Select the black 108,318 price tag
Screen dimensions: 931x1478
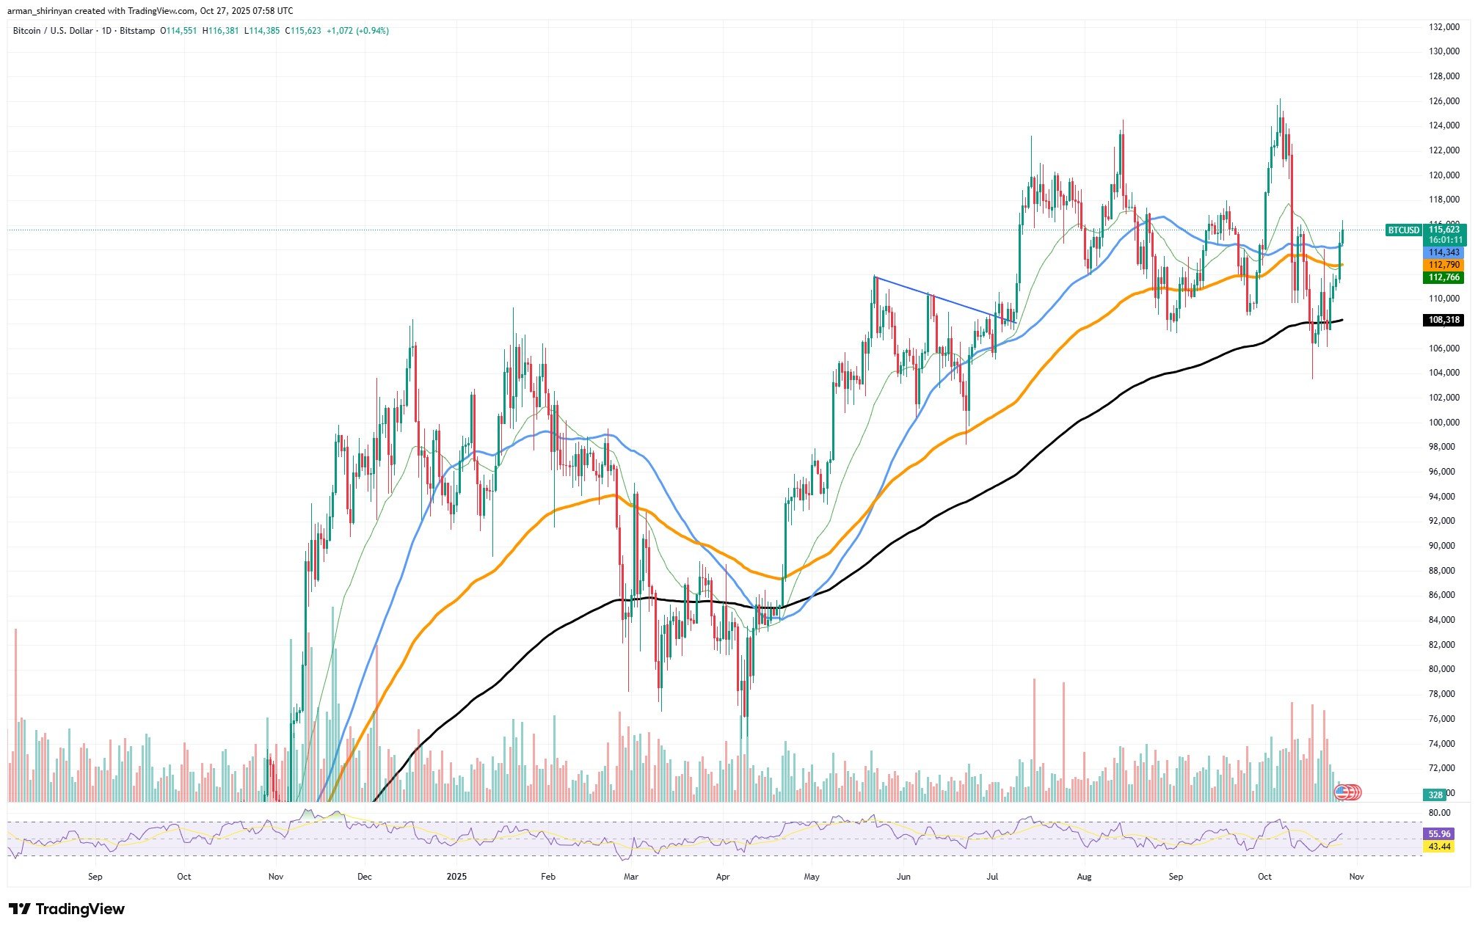point(1444,320)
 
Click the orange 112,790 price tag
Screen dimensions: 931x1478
point(1444,265)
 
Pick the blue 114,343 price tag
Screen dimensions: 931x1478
point(1444,252)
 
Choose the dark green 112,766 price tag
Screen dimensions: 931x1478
point(1444,277)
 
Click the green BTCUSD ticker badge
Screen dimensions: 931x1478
point(1403,230)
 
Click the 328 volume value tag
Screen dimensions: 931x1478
point(1435,795)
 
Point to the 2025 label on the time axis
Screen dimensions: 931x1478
point(456,877)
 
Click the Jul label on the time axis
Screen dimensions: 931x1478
point(993,877)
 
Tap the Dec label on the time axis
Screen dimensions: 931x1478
point(365,877)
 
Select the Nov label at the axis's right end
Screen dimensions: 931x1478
point(1356,877)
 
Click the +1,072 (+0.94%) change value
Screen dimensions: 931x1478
point(357,31)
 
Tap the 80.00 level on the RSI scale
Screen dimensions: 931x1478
point(1439,813)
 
